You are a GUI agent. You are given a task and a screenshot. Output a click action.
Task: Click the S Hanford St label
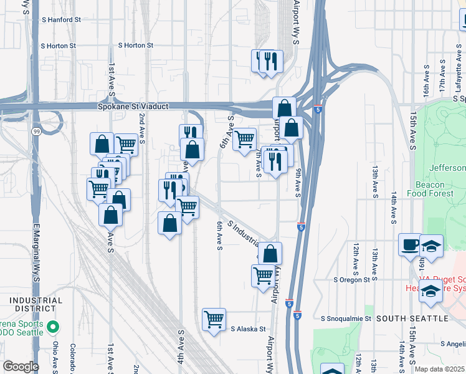(61, 20)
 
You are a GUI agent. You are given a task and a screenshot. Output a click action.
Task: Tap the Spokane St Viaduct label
(133, 107)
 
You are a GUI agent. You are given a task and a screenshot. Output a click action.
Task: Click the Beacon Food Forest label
(430, 189)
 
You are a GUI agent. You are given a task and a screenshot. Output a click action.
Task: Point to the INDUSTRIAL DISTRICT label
(36, 305)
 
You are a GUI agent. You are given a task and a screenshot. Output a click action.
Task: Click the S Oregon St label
(352, 280)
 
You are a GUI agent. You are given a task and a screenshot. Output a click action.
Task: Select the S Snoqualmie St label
(346, 319)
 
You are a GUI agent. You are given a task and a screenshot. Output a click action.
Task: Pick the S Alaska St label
(248, 329)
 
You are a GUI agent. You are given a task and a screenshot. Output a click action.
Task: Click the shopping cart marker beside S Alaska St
(214, 319)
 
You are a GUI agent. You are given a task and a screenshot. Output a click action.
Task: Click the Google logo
(21, 367)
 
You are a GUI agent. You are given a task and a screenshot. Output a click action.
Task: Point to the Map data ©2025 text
(440, 369)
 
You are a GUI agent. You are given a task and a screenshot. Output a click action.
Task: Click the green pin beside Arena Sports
(54, 326)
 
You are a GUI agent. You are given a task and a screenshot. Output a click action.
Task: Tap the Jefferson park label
(447, 168)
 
